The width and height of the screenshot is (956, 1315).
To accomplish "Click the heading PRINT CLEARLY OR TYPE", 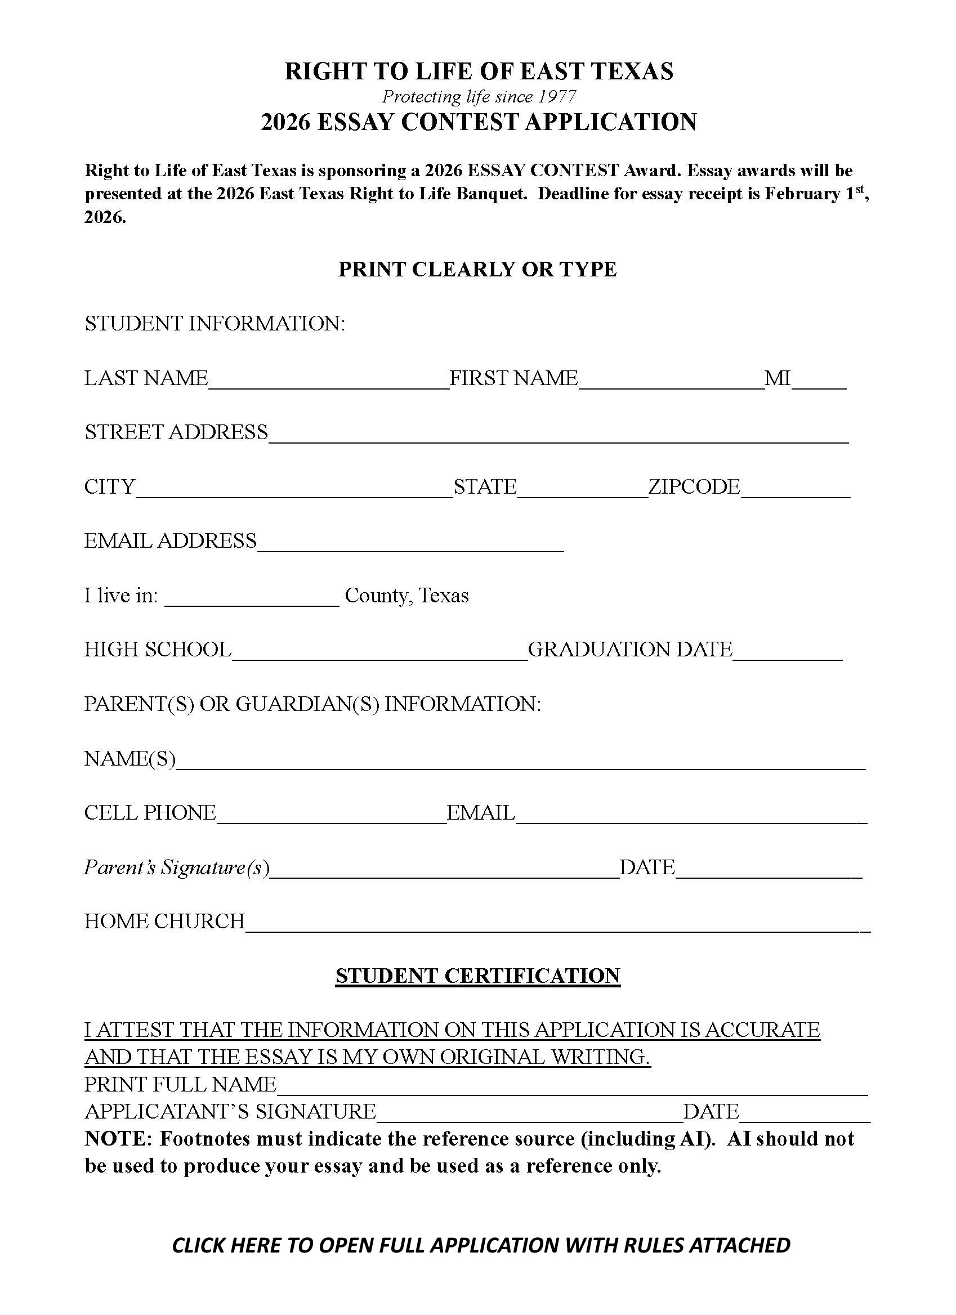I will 477,269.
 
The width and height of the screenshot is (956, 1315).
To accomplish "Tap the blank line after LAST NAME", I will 329,383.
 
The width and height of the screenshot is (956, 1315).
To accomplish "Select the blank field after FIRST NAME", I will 671,383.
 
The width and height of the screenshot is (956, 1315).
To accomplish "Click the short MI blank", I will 819,383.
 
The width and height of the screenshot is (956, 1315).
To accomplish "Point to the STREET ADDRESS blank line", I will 559,437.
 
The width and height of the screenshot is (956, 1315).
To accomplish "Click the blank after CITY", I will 294,491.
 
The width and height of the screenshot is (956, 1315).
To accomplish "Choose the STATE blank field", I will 582,491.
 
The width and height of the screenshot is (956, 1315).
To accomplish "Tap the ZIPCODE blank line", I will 795,491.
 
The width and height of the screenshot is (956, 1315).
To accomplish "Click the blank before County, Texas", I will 252,600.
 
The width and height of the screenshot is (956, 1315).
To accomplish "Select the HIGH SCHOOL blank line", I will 379,654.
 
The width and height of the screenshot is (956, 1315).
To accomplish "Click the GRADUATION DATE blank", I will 787,654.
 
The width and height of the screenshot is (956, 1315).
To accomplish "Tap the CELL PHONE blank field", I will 331,817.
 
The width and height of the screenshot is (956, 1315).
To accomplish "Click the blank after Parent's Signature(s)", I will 444,871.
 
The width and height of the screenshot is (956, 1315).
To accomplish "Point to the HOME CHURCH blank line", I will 557,926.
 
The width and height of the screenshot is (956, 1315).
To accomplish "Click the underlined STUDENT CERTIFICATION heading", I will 477,976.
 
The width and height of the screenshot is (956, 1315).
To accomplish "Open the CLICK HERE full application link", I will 481,1245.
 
